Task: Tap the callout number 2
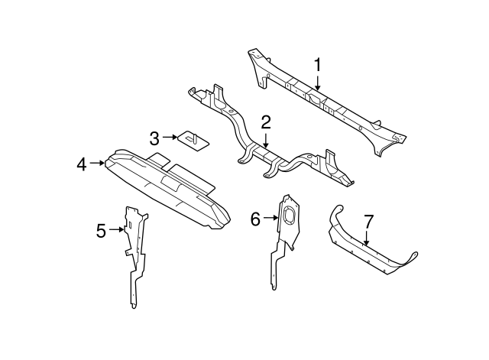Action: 266,122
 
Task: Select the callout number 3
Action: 155,138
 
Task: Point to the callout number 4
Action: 81,162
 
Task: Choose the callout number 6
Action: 255,219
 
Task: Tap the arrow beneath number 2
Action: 266,139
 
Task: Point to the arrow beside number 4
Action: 97,162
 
